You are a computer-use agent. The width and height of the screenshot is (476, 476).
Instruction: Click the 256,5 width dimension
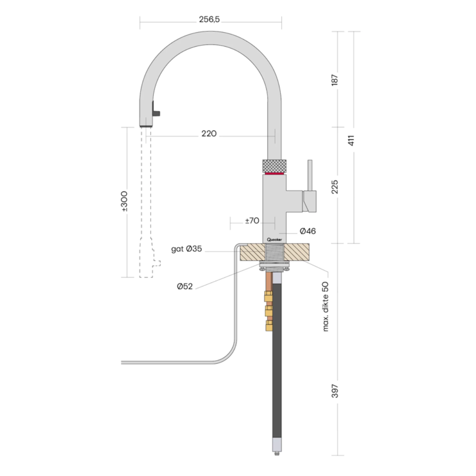(x=209, y=19)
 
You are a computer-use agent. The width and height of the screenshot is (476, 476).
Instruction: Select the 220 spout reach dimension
(x=209, y=134)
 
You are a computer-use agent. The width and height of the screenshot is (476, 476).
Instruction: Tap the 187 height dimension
(x=335, y=80)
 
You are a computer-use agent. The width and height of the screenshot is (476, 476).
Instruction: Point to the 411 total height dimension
(x=351, y=141)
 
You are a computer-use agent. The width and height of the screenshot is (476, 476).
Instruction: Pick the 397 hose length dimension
(x=335, y=390)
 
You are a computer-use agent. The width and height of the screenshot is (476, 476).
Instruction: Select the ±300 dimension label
(x=124, y=201)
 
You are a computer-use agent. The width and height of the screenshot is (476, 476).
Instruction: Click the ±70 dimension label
(x=252, y=221)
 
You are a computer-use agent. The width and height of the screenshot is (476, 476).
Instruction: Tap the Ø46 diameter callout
(x=307, y=231)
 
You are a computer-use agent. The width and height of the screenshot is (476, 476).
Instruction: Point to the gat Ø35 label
(x=186, y=249)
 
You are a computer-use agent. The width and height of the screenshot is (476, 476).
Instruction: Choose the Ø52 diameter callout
(x=185, y=286)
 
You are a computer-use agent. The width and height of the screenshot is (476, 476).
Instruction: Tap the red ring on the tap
(x=274, y=174)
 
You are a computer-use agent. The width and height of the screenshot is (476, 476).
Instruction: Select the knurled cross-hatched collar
(x=274, y=166)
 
